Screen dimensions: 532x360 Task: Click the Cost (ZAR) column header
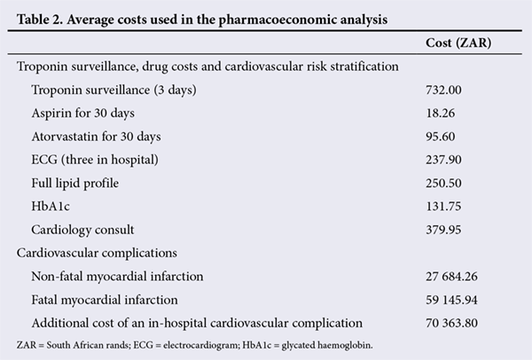458,43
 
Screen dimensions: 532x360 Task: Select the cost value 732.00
443,90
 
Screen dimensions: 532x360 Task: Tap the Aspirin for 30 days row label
82,113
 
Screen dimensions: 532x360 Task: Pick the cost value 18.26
441,113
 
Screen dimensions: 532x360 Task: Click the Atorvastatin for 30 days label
96,137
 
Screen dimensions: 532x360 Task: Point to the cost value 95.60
441,137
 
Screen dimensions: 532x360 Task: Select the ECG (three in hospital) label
95,160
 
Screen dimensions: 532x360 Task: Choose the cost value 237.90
443,160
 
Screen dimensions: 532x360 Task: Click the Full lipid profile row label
75,184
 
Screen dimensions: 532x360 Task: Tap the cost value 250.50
443,184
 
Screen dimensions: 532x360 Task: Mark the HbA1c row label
51,207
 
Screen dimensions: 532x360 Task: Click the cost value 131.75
443,207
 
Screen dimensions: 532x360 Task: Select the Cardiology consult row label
82,230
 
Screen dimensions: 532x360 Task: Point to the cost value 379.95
443,230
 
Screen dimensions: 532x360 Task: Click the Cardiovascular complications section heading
97,253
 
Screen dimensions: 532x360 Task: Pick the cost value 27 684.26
451,277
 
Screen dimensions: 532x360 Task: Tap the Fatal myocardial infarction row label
105,300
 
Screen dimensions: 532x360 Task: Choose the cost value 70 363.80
451,323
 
